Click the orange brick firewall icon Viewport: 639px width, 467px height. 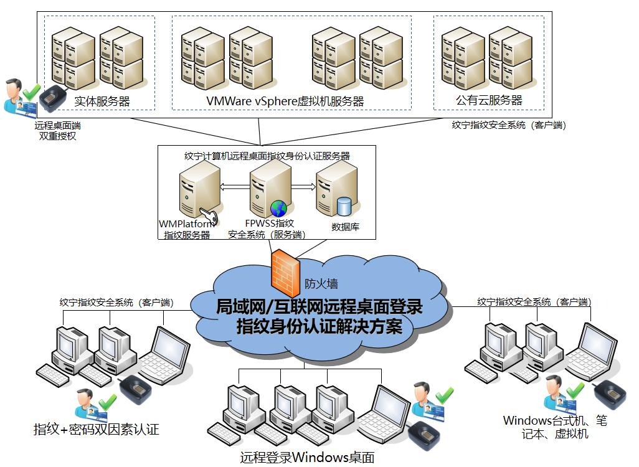(x=286, y=273)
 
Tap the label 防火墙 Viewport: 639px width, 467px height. (x=321, y=283)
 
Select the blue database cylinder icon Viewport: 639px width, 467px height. (x=344, y=206)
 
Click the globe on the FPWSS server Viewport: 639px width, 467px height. (x=279, y=208)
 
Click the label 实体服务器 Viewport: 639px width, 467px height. (x=102, y=101)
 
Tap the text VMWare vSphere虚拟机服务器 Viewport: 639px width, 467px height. (x=285, y=101)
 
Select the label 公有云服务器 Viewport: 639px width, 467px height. (x=489, y=100)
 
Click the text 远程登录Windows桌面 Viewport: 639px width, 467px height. (x=307, y=457)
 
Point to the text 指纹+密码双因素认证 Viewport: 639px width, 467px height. (x=96, y=429)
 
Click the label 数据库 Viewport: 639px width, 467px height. (x=345, y=227)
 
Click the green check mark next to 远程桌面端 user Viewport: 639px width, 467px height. (x=31, y=92)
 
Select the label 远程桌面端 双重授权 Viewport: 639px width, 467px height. (x=57, y=131)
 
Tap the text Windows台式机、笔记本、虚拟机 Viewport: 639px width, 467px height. (x=555, y=427)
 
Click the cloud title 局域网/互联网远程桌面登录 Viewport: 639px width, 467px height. (x=319, y=307)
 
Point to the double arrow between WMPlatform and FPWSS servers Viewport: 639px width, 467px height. (x=235, y=187)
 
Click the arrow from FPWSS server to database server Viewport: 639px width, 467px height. (x=303, y=187)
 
